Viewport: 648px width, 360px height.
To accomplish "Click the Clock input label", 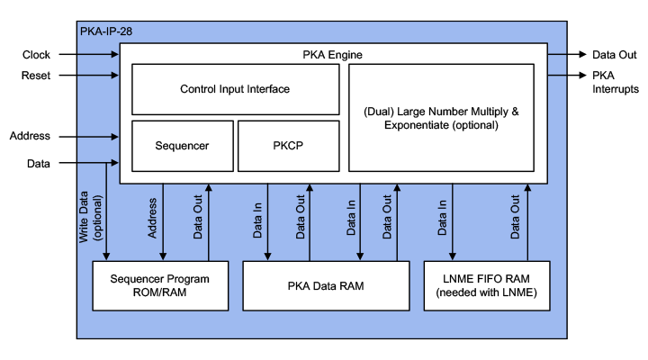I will [36, 55].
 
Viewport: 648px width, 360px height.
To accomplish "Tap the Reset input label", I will [36, 75].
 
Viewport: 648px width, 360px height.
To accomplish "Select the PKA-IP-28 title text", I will [107, 31].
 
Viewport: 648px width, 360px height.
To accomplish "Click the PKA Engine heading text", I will [332, 55].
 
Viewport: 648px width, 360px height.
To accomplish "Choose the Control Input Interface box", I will [235, 89].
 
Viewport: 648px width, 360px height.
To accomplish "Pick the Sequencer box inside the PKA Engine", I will [182, 145].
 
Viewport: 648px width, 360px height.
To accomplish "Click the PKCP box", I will [287, 145].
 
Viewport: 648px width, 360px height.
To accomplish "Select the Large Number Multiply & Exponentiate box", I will [442, 118].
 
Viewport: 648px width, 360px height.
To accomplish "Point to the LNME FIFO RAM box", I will [486, 285].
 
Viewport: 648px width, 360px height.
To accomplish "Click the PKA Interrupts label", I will [616, 82].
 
